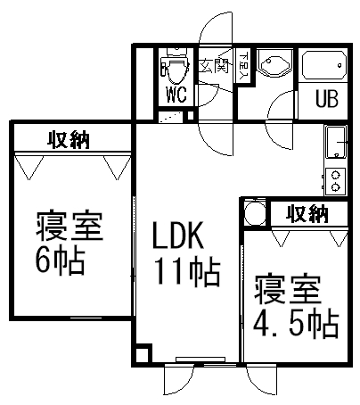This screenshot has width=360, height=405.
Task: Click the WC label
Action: [176, 95]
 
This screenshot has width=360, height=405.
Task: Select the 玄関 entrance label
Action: [214, 65]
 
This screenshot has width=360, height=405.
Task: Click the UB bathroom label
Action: [327, 98]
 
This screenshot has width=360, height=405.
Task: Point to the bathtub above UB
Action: [324, 65]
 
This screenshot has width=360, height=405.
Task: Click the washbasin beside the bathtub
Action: [273, 63]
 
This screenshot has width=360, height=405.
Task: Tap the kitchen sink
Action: [336, 142]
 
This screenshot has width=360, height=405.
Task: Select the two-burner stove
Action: [335, 181]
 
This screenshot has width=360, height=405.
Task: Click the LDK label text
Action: [177, 236]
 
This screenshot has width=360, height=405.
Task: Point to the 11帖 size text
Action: [187, 271]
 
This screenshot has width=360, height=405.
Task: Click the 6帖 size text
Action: [61, 260]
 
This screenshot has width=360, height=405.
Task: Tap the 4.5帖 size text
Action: [296, 325]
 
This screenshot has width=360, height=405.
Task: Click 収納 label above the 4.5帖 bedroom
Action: [307, 213]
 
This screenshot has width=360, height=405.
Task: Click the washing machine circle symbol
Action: [255, 213]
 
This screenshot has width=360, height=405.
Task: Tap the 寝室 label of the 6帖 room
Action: [70, 226]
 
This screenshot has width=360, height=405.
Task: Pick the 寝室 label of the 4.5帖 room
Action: [287, 290]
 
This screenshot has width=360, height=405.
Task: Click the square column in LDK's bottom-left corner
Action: [143, 353]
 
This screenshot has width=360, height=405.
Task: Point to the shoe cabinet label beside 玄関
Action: [244, 67]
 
